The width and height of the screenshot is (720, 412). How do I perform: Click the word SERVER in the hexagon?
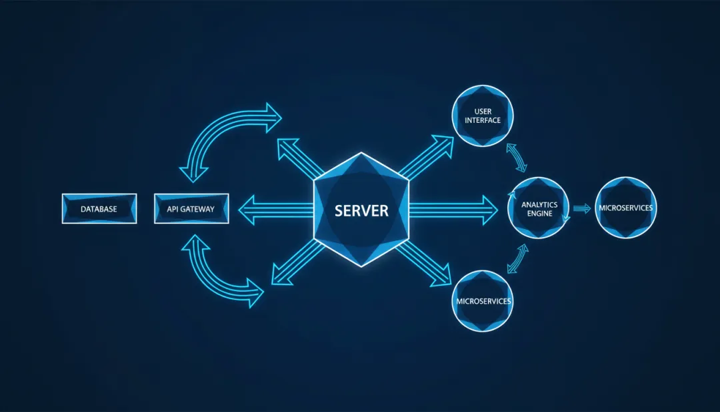[x=361, y=211]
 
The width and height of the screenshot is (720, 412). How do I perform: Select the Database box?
[x=99, y=209]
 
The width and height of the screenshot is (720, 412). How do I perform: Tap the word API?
[x=174, y=209]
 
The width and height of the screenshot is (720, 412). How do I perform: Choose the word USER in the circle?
[x=483, y=111]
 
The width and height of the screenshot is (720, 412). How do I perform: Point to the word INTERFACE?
[x=483, y=120]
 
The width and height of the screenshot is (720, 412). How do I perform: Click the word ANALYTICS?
[x=539, y=204]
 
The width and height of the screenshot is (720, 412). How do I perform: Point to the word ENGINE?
[x=539, y=214]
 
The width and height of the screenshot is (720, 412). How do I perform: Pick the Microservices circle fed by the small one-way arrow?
[x=625, y=208]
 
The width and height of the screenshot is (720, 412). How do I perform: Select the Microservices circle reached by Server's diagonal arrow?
[x=483, y=301]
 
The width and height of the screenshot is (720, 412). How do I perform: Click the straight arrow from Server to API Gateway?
[x=275, y=210]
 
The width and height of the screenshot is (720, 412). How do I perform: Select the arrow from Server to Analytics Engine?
[x=453, y=210]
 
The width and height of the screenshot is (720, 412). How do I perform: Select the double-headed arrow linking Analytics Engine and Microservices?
[x=517, y=258]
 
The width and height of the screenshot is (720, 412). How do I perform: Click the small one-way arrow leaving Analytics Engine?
[x=582, y=208]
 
